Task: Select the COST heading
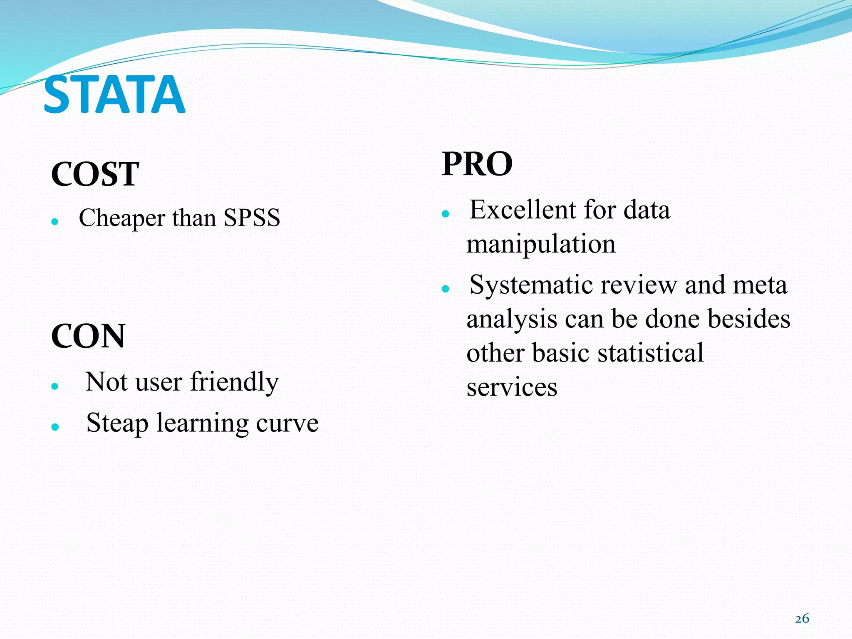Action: [x=95, y=174]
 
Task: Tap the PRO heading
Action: [x=477, y=164]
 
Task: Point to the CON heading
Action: [x=88, y=336]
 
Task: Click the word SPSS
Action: [x=252, y=218]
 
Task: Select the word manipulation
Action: [x=541, y=244]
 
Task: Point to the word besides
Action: [x=749, y=319]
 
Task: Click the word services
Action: [x=512, y=387]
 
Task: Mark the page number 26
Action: [x=802, y=619]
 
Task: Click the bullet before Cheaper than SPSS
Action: [x=54, y=222]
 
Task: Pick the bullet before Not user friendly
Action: [x=54, y=386]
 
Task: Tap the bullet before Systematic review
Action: [x=446, y=289]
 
